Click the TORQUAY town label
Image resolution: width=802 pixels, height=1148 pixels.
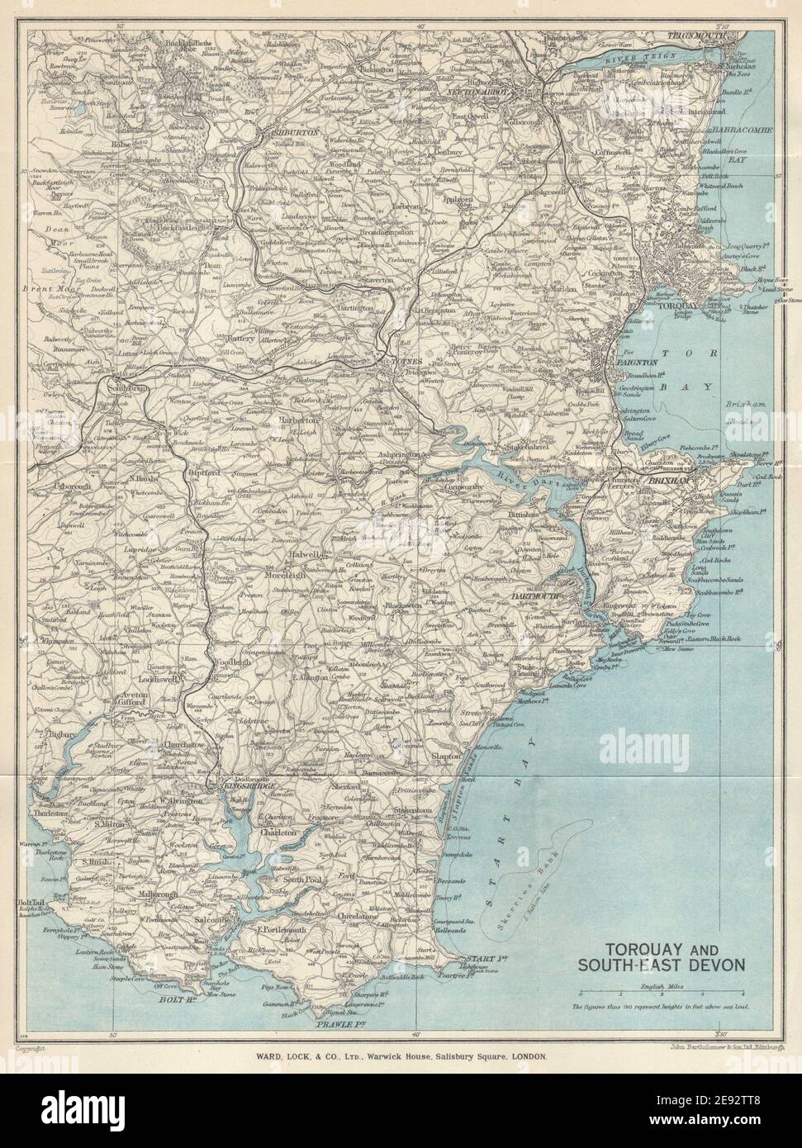[657, 305]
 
